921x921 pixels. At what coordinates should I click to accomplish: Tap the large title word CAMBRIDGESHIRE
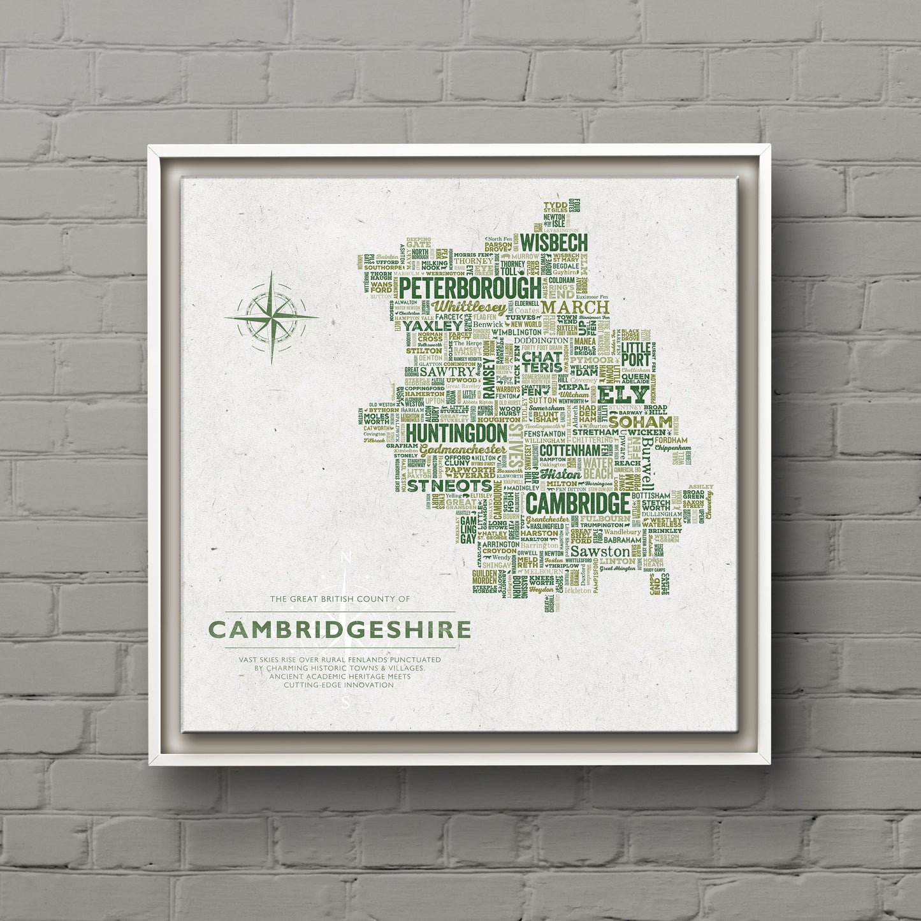(340, 630)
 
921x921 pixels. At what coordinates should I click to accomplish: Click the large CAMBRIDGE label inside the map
(579, 504)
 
